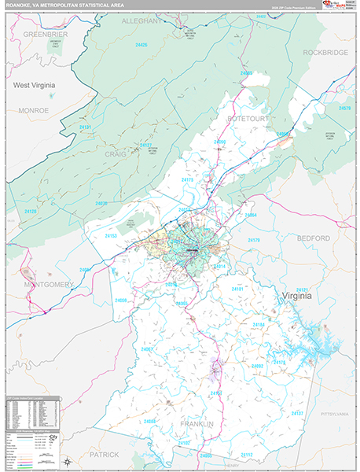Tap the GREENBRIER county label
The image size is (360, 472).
coord(46,35)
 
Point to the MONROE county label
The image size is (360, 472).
coord(33,110)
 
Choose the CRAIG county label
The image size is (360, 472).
coord(116,155)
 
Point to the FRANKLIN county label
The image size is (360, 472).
coord(197,424)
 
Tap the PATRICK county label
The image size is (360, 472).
coord(104,455)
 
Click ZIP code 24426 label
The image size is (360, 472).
coord(141,46)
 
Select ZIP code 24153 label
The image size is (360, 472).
coord(111,235)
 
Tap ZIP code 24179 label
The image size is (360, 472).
coord(253,240)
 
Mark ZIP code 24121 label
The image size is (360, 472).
coord(302,289)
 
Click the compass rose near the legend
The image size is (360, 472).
coord(69,461)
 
